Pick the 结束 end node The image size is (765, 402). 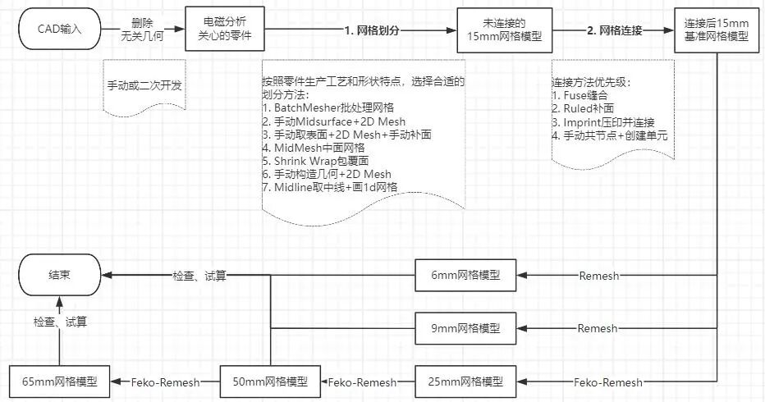coord(60,276)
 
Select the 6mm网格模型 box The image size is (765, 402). coord(465,275)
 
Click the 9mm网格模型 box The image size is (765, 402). coord(465,327)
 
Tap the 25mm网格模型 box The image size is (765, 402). coord(465,381)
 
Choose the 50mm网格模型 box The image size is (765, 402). coord(270,381)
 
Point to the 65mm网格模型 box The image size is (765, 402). coord(59,381)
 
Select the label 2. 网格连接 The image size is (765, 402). coord(613,31)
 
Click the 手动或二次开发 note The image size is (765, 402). coord(140,85)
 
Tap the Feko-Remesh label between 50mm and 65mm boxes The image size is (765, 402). coord(162,381)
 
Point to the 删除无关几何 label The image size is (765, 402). coord(145,31)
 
